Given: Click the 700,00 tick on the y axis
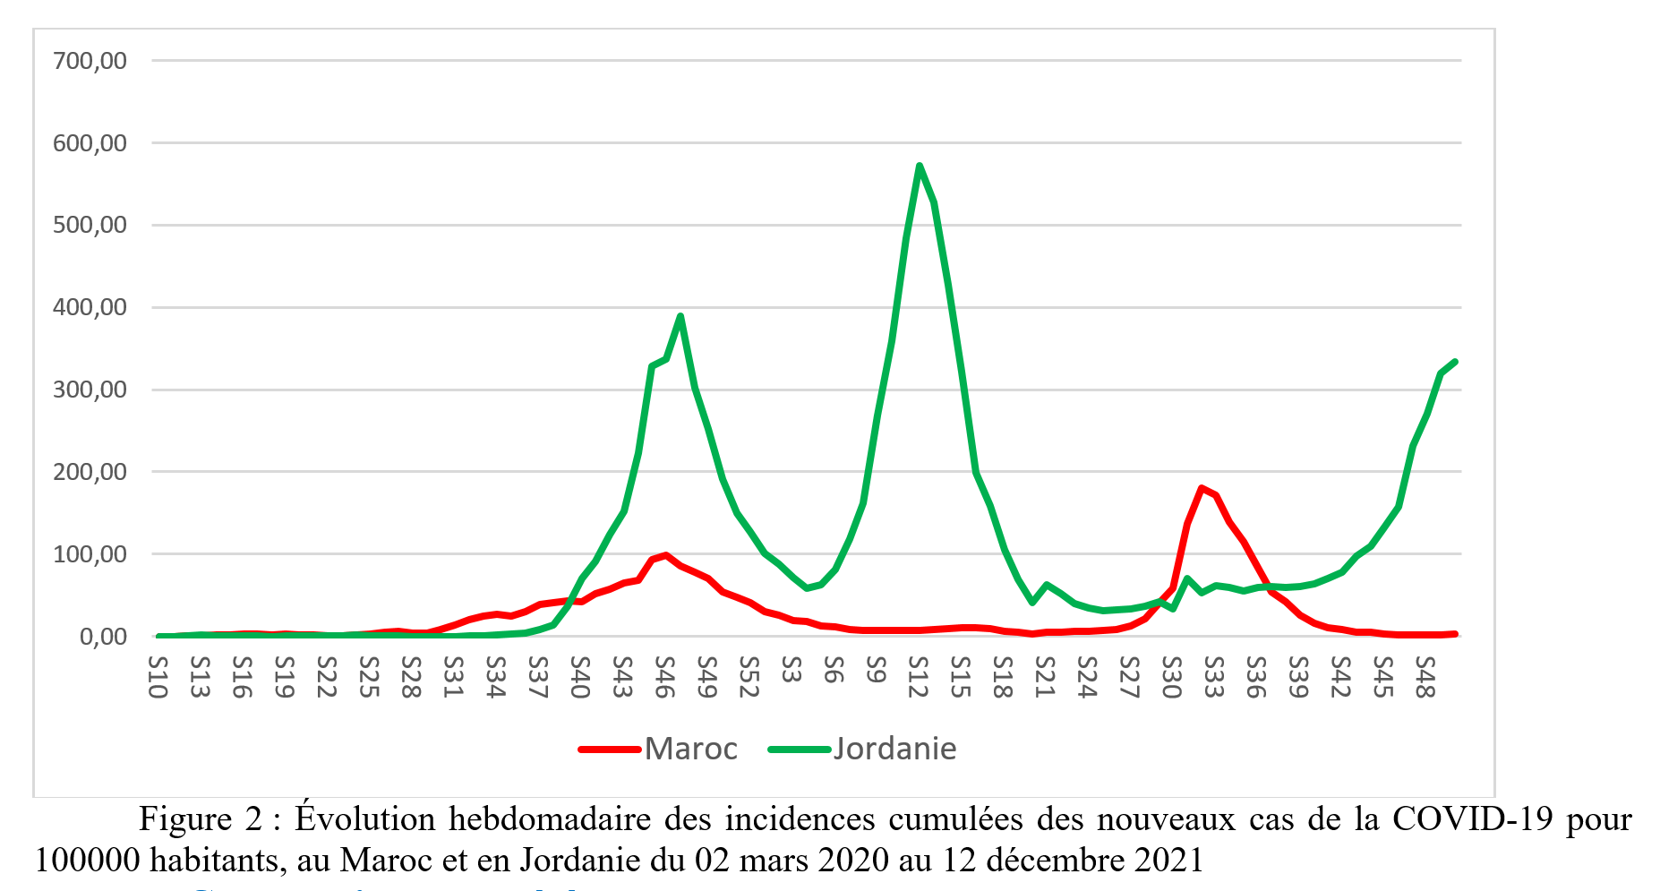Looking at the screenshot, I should (x=90, y=61).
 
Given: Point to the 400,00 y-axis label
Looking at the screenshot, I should (x=90, y=307).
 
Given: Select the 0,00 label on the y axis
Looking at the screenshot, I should (x=103, y=637).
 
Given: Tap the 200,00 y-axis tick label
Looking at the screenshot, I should (x=90, y=472).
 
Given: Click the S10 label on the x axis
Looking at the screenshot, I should (x=158, y=677).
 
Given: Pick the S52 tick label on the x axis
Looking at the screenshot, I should (x=749, y=677).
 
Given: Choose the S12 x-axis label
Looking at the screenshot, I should (x=919, y=677).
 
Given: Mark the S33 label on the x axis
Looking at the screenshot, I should (x=1214, y=677).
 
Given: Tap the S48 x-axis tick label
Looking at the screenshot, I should (x=1425, y=677).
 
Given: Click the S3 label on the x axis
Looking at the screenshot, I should (x=791, y=670).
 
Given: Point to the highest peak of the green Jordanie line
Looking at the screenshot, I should (x=920, y=166).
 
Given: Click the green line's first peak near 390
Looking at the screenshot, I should (x=680, y=316).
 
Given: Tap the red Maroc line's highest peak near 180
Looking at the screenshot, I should (x=1202, y=488).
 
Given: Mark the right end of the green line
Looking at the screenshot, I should (x=1455, y=362).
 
